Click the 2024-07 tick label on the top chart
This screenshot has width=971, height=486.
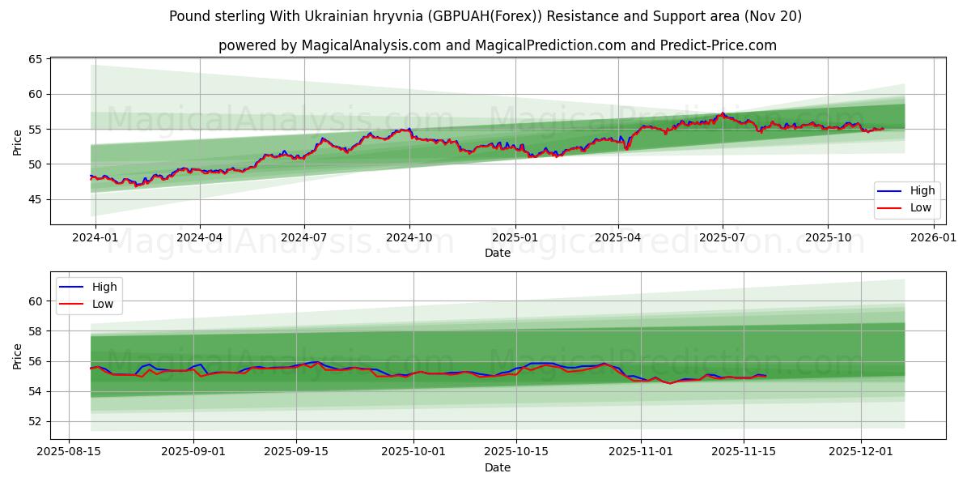(x=303, y=237)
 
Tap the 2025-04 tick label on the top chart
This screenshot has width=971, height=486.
(x=618, y=237)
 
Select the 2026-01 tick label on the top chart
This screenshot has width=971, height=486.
(x=933, y=237)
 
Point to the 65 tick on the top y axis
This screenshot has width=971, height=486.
(x=35, y=59)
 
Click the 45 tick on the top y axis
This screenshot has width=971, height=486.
(x=35, y=199)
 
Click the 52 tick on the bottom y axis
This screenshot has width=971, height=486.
(x=35, y=421)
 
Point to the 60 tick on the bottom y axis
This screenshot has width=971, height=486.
(x=35, y=301)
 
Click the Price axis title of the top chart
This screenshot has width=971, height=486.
(x=18, y=141)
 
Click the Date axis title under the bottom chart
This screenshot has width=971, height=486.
(x=497, y=468)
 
